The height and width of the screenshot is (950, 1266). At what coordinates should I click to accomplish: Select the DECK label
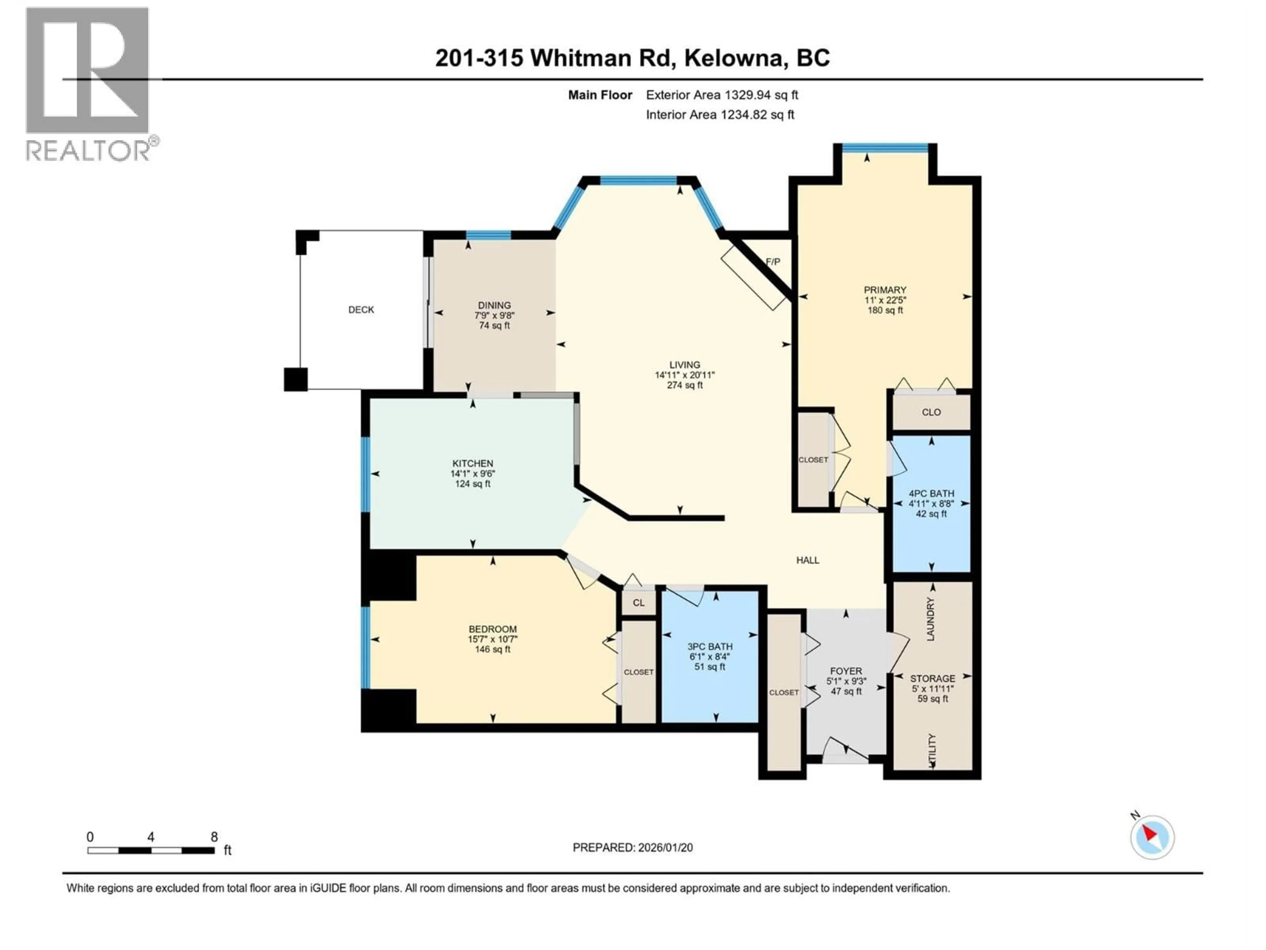tap(361, 310)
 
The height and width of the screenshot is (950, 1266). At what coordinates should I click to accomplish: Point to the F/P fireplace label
tap(773, 262)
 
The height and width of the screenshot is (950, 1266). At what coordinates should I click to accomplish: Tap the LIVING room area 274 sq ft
tap(684, 385)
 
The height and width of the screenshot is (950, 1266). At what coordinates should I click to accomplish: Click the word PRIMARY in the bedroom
tap(885, 290)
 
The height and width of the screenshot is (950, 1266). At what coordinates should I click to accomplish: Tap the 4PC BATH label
tap(931, 493)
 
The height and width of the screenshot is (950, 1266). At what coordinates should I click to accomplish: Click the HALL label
tap(807, 560)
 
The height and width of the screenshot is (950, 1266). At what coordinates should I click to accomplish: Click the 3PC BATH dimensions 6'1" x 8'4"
tap(710, 657)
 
